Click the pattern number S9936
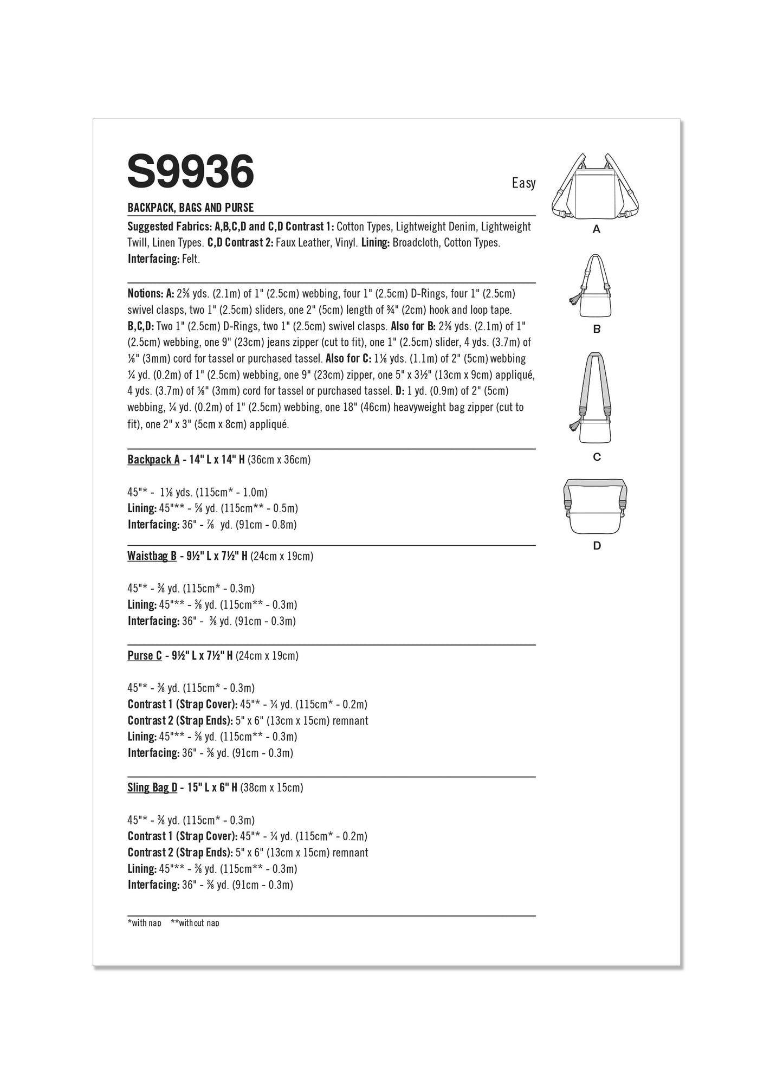(191, 171)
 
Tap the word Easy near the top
(523, 183)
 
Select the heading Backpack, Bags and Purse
(191, 208)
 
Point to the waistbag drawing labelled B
(595, 287)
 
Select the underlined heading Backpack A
(153, 460)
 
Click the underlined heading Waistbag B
(152, 556)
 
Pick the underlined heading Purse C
(145, 656)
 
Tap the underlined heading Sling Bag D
(152, 788)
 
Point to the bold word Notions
(145, 294)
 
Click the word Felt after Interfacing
(191, 259)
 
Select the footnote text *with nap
(144, 923)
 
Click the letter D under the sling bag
(597, 546)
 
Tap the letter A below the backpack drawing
(596, 229)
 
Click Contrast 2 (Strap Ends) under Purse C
(180, 720)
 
